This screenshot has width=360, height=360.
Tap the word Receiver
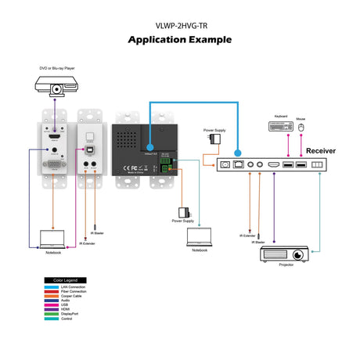point(321,150)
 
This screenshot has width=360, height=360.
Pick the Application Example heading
point(179,39)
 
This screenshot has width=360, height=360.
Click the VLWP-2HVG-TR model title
point(179,23)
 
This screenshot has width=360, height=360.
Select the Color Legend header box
point(64,279)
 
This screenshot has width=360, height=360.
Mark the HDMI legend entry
point(64,310)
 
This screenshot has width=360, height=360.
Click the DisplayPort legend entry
point(69,315)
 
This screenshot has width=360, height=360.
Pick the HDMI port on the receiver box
point(273,165)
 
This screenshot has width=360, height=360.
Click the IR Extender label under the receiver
point(248,236)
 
